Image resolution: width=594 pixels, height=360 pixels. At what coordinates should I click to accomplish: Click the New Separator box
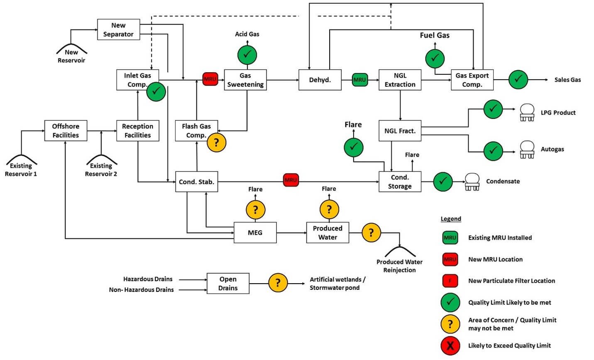(118, 29)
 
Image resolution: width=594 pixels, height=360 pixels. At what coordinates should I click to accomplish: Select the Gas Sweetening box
(245, 80)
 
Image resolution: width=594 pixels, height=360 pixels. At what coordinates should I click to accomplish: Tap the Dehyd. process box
(320, 80)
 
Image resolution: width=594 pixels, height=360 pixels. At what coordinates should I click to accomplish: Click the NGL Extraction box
(400, 80)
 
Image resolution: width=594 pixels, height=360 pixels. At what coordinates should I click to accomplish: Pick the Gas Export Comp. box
(472, 80)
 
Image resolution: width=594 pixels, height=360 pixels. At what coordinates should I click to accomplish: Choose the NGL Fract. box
(400, 131)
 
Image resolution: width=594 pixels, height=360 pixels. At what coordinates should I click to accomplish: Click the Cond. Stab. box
(196, 181)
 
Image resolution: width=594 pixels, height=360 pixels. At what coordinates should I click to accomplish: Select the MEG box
(255, 233)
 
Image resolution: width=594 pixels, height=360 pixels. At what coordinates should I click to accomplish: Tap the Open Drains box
(228, 284)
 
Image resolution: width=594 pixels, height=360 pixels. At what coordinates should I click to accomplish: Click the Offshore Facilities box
(66, 130)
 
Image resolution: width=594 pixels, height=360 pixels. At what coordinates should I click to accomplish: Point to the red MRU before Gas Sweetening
(210, 79)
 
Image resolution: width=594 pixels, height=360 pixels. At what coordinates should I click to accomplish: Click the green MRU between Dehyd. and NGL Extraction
(359, 79)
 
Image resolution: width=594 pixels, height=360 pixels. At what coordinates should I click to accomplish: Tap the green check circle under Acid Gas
(247, 54)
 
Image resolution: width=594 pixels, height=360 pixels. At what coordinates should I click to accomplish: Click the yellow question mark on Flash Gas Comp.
(216, 142)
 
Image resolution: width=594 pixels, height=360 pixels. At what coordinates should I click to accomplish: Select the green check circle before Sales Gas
(518, 79)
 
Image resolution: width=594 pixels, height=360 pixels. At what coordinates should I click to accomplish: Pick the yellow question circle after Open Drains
(278, 283)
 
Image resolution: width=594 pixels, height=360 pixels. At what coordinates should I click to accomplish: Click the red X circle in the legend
(450, 345)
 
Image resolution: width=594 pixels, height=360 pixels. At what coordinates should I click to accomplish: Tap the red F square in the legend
(450, 281)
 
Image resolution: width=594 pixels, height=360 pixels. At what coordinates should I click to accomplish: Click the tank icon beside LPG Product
(527, 112)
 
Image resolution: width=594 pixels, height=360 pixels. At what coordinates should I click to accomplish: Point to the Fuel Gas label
(435, 35)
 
